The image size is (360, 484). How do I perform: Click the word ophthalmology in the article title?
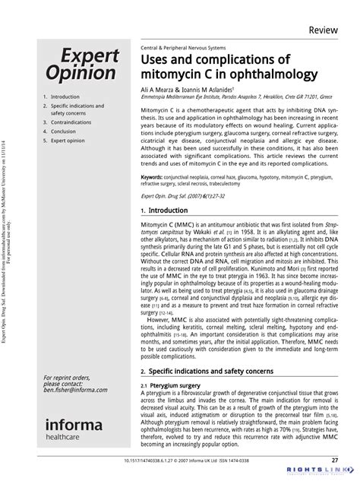pyautogui.click(x=264, y=74)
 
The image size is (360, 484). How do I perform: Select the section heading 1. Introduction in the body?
pyautogui.click(x=163, y=210)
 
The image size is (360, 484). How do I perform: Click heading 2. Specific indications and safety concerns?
pyautogui.click(x=205, y=372)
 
